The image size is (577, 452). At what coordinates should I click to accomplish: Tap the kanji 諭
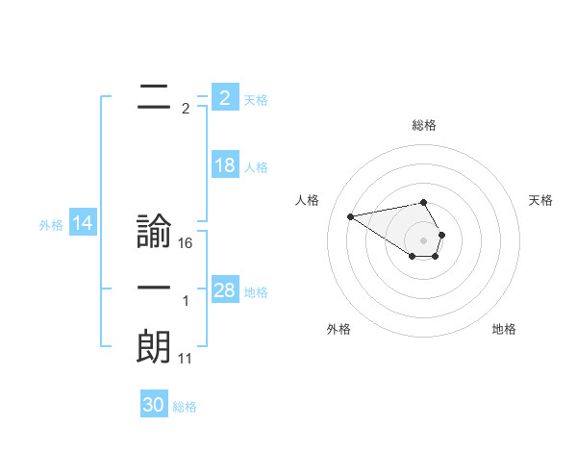[154, 234]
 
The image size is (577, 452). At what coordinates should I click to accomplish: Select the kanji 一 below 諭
[154, 289]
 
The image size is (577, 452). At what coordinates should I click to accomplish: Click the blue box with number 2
[224, 98]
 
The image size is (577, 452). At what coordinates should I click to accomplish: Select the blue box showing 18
[224, 165]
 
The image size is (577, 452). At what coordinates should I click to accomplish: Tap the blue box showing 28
[224, 290]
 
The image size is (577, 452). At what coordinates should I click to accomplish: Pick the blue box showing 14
[82, 224]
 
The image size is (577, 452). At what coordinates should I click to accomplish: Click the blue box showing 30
[153, 405]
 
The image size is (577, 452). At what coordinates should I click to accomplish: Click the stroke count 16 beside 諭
[186, 243]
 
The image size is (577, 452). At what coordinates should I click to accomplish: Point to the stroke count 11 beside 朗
[186, 358]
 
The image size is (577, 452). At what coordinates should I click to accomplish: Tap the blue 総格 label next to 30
[185, 407]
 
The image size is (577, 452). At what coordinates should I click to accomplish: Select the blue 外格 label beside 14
[51, 225]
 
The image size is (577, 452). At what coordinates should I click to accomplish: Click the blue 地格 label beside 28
[256, 292]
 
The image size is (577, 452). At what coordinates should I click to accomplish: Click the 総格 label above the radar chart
[423, 125]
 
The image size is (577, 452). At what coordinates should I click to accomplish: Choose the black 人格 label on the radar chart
[307, 200]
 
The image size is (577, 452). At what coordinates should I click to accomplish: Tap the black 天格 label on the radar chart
[540, 200]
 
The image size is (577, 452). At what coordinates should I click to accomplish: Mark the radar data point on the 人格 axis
[350, 215]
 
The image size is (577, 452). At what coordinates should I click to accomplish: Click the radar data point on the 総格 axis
[423, 202]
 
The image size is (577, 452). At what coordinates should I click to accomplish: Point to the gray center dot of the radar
[423, 239]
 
